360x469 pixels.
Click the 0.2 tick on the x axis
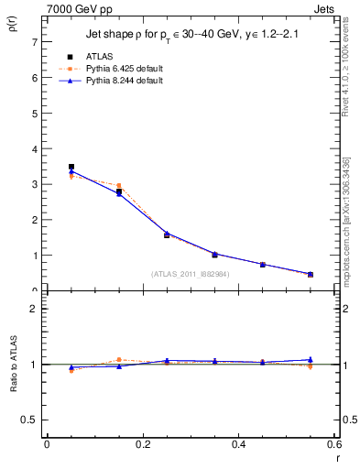[142, 445]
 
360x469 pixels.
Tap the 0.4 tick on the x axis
[238, 445]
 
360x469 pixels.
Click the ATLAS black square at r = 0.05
[71, 167]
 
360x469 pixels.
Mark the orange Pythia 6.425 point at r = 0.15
[119, 186]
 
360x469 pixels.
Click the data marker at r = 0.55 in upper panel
[311, 274]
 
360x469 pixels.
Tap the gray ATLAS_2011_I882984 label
[191, 274]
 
